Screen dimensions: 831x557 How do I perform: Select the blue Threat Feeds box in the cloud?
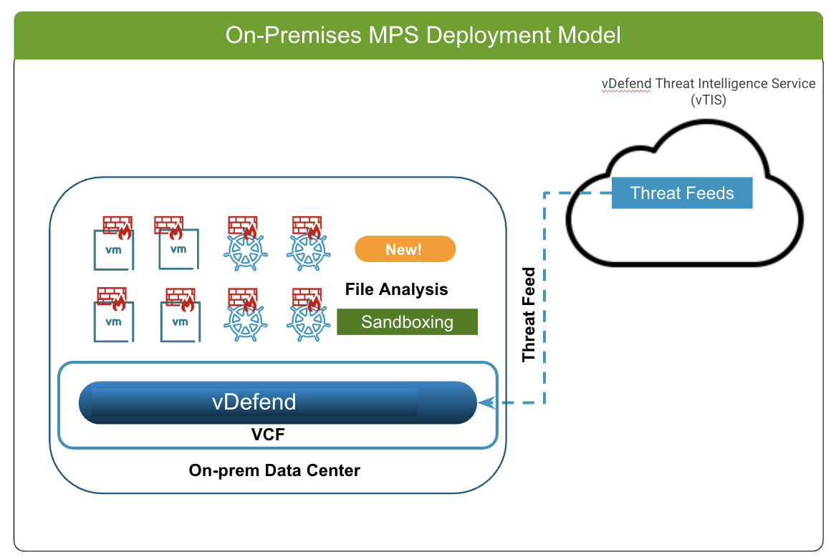coord(681,193)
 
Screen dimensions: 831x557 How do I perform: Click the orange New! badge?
coord(405,249)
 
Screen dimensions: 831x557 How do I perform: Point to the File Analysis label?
coord(396,289)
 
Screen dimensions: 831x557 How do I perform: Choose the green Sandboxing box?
coord(407,322)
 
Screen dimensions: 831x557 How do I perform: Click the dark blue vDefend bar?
coord(278,402)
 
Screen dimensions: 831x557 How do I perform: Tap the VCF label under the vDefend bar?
coord(268,435)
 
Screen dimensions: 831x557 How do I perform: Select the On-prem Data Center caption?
coord(274,470)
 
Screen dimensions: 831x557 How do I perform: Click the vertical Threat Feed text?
coord(529,314)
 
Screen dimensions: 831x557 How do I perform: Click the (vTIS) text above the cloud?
coord(708,100)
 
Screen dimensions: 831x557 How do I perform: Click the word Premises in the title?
coord(313,35)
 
